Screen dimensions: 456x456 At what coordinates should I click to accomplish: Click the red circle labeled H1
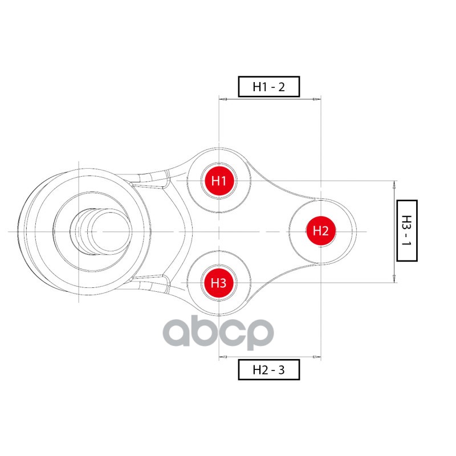(x=219, y=181)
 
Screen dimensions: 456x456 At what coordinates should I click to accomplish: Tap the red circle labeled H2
(x=321, y=231)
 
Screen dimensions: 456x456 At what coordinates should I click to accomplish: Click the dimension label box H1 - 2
(x=268, y=87)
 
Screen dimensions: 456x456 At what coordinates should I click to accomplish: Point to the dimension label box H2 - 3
(x=268, y=370)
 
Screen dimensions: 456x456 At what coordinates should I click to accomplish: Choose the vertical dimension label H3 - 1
(x=406, y=230)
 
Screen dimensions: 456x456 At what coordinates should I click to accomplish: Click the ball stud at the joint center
(x=101, y=231)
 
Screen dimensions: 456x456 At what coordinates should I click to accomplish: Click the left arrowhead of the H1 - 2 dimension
(x=223, y=99)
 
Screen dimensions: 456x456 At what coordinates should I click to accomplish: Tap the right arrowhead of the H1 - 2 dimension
(x=317, y=99)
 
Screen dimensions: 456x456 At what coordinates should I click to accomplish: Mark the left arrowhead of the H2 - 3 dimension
(x=223, y=357)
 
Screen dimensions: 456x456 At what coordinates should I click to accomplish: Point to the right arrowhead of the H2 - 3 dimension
(x=317, y=357)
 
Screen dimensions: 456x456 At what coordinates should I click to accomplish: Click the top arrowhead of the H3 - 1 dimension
(x=394, y=184)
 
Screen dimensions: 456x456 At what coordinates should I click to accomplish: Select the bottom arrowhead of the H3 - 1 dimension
(x=394, y=279)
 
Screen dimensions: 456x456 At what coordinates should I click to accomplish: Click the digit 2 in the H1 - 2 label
(x=280, y=87)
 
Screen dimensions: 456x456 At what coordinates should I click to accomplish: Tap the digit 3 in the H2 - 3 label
(x=280, y=370)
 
